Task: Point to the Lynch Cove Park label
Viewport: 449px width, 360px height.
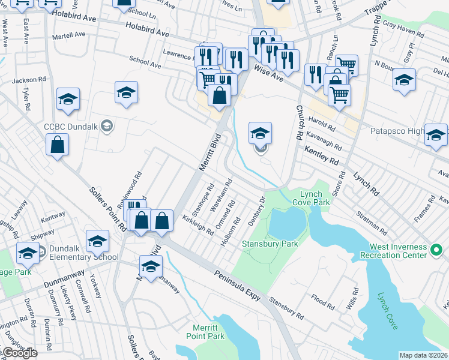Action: (x=311, y=198)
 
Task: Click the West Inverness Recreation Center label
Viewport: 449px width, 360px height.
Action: (x=394, y=251)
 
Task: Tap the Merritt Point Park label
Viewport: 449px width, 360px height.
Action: (x=209, y=332)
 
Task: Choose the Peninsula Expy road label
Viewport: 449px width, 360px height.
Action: (x=240, y=285)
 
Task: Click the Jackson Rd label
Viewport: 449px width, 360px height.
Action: (x=28, y=79)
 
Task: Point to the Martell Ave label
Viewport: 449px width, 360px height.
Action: (x=69, y=35)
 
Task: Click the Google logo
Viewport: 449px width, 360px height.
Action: (x=20, y=353)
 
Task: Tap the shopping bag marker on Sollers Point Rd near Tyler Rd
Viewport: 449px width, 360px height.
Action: (x=57, y=145)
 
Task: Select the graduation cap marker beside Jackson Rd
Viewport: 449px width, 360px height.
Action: (x=68, y=99)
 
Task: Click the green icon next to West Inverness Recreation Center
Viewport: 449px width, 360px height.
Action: (x=438, y=248)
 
